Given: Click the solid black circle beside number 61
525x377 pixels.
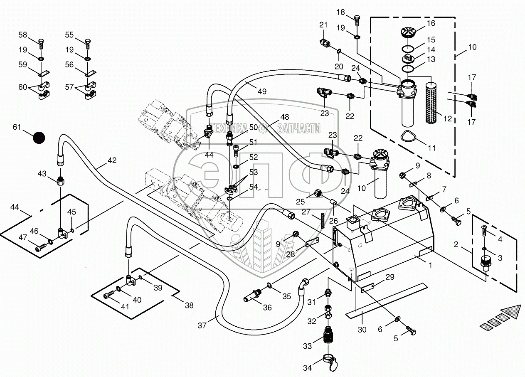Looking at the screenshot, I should pyautogui.click(x=39, y=138).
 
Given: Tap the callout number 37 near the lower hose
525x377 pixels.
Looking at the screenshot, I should pyautogui.click(x=202, y=325).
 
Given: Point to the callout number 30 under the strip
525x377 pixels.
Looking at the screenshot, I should pyautogui.click(x=362, y=329).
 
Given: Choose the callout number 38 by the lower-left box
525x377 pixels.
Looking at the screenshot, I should pyautogui.click(x=189, y=306).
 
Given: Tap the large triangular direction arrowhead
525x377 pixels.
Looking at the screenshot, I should pyautogui.click(x=511, y=312).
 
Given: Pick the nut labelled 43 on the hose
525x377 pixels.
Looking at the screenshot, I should pyautogui.click(x=60, y=181).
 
